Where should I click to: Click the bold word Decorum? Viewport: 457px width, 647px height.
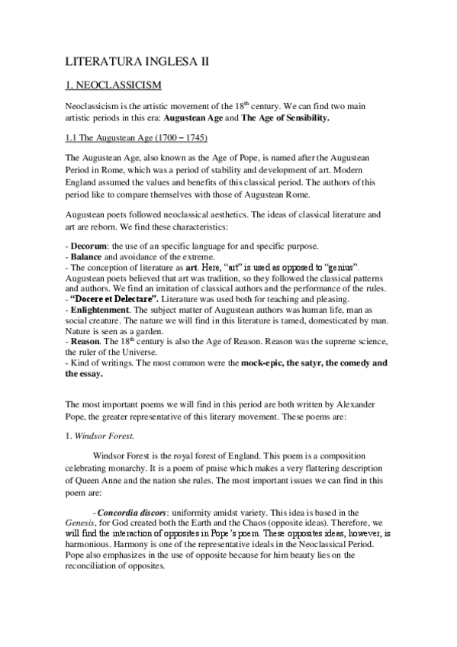tap(89, 246)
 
